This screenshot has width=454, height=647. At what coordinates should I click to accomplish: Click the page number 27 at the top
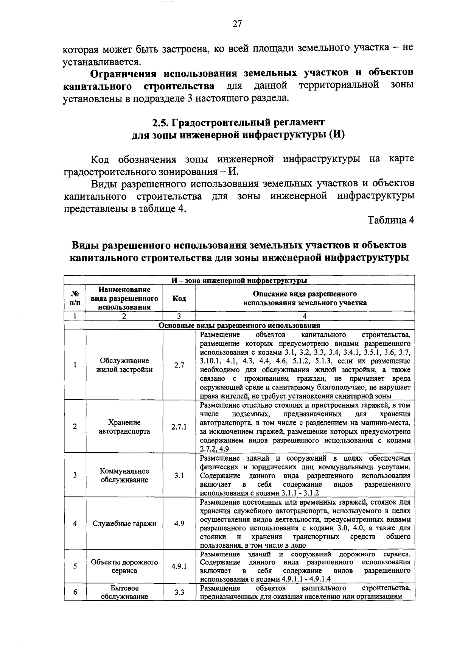[237, 24]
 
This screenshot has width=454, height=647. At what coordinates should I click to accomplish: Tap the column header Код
[179, 298]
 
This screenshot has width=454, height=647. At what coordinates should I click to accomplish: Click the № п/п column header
[75, 298]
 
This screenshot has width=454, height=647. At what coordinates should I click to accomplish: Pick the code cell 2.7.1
[179, 427]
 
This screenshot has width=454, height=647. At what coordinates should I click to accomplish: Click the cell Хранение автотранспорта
[124, 427]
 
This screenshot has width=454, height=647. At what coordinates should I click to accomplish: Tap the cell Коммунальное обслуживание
[124, 475]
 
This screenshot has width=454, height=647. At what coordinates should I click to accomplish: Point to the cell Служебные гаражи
[124, 524]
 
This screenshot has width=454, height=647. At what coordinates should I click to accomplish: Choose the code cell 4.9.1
[179, 567]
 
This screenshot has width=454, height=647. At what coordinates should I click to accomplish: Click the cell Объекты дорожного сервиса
[124, 567]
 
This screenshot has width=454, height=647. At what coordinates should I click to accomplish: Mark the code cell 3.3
[179, 592]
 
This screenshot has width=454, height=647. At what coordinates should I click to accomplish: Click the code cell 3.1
[179, 475]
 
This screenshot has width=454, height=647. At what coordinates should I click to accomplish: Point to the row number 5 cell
[75, 567]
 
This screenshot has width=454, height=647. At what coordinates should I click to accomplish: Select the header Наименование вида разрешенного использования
[124, 298]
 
